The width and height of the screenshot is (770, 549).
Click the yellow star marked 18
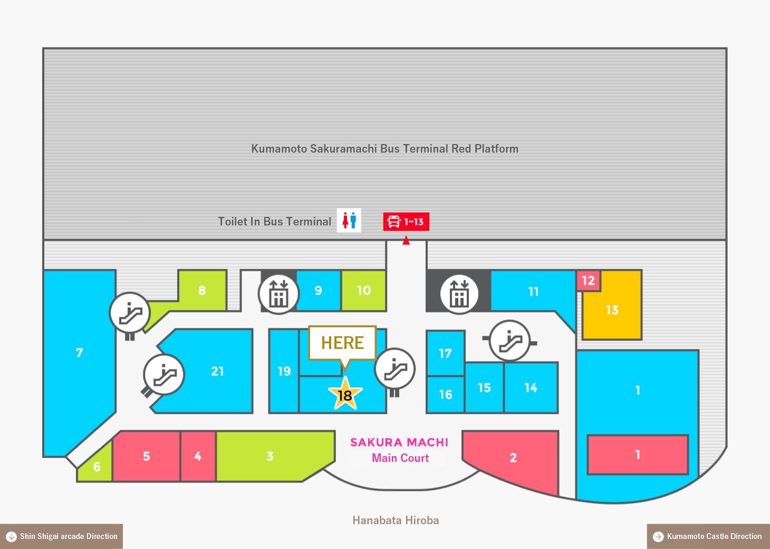click(345, 394)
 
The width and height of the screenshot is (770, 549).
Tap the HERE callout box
click(342, 343)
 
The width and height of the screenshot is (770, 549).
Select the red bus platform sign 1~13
click(406, 222)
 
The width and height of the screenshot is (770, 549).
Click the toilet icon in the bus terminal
click(349, 220)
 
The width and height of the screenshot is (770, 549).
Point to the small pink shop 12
click(588, 280)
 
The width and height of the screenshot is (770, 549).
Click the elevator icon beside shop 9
click(278, 295)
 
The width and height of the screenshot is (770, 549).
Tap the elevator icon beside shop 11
click(459, 294)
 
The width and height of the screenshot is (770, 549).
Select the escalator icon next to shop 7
click(130, 313)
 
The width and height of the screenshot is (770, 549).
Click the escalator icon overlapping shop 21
click(164, 374)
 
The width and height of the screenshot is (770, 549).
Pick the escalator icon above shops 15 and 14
click(509, 340)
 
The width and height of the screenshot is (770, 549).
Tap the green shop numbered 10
click(364, 291)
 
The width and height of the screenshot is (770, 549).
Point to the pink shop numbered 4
click(198, 456)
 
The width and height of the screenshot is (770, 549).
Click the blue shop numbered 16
click(446, 394)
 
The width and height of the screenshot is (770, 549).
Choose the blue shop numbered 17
click(446, 353)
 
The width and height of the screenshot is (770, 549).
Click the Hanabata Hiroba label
click(396, 520)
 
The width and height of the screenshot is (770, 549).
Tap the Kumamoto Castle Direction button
click(708, 536)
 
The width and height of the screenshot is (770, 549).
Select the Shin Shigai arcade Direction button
click(61, 536)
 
